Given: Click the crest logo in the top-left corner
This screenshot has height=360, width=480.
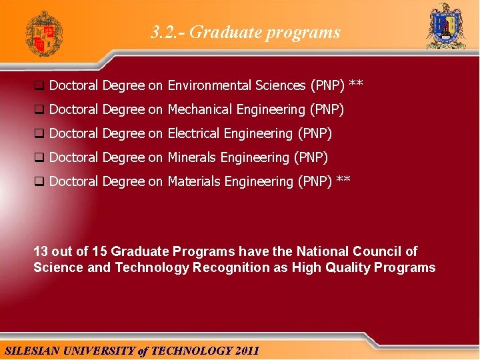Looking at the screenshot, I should click(x=44, y=33).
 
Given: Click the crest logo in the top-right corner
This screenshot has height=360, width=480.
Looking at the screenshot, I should click(x=446, y=27).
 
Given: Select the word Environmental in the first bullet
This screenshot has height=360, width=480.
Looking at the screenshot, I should click(x=204, y=85).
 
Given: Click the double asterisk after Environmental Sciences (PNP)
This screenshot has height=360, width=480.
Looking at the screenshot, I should click(x=356, y=85).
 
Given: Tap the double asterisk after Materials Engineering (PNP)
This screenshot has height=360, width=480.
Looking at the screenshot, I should click(x=343, y=181).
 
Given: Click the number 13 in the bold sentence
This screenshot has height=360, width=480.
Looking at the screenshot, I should click(x=41, y=251).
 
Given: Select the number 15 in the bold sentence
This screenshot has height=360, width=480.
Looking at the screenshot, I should click(x=100, y=251).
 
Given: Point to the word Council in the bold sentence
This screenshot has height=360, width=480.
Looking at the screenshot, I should click(x=374, y=251).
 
